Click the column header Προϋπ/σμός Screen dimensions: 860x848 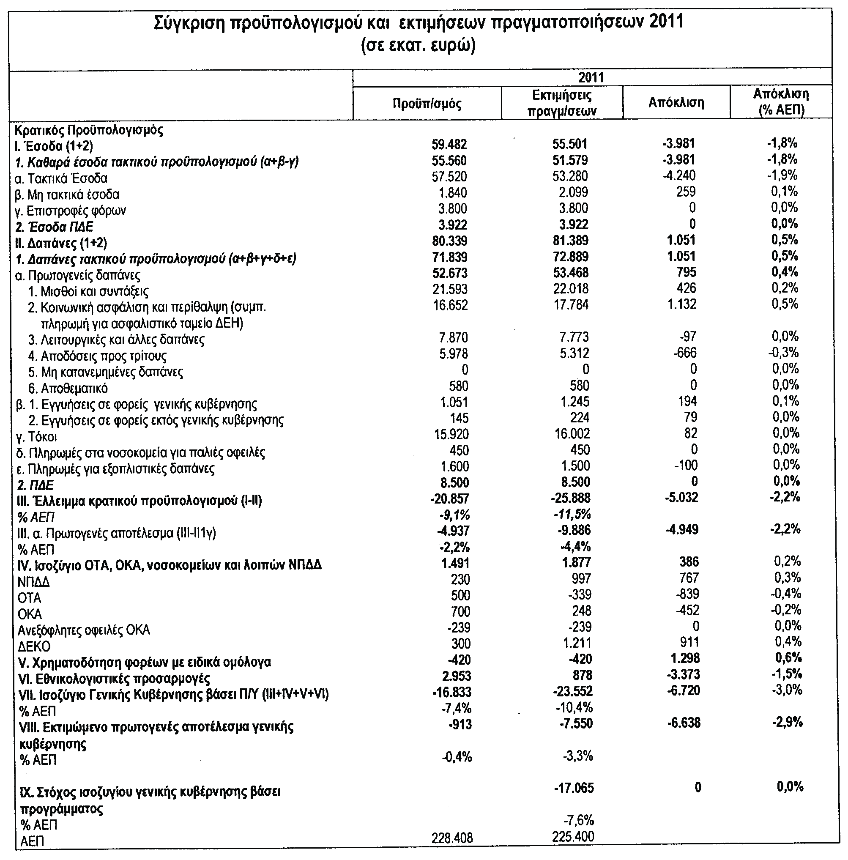click(427, 104)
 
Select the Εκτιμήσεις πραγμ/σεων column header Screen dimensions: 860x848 click(562, 103)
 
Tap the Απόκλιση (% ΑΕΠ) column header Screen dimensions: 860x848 click(781, 102)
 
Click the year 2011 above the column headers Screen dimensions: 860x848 click(591, 77)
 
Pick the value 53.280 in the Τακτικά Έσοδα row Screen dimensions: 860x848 click(570, 176)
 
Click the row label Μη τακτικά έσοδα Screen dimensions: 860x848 click(67, 194)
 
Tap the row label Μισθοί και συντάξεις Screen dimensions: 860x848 click(88, 292)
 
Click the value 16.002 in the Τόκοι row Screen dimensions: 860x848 click(572, 433)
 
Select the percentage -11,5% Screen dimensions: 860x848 click(572, 515)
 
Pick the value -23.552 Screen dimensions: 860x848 click(573, 692)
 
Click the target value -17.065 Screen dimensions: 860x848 click(574, 788)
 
